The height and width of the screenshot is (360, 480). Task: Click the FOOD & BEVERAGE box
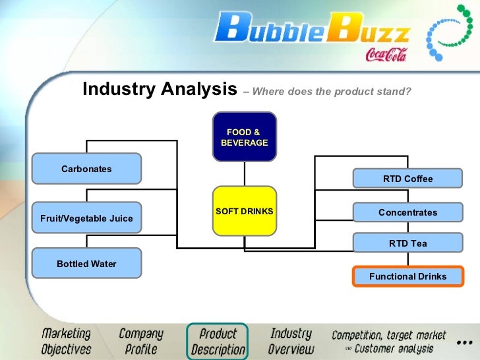tap(244, 137)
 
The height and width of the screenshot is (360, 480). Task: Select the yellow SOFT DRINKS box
tap(244, 211)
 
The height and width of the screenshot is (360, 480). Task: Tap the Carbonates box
tap(86, 169)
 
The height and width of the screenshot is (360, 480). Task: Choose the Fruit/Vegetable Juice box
tap(86, 218)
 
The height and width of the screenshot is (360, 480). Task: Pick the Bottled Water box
tap(86, 264)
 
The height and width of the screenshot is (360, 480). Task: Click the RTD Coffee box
tap(407, 179)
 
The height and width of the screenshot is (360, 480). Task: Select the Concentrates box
tap(407, 212)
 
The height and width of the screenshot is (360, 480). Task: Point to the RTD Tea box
tap(407, 243)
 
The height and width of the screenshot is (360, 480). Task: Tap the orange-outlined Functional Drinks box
tap(407, 276)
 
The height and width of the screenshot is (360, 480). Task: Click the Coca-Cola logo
tap(387, 53)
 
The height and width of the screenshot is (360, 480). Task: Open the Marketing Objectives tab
tap(66, 341)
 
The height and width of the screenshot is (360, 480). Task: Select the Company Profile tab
tap(141, 341)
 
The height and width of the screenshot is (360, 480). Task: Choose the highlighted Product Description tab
tap(218, 342)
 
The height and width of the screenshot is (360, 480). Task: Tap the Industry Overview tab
tap(291, 342)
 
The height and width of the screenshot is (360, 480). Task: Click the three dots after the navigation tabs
tap(464, 343)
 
